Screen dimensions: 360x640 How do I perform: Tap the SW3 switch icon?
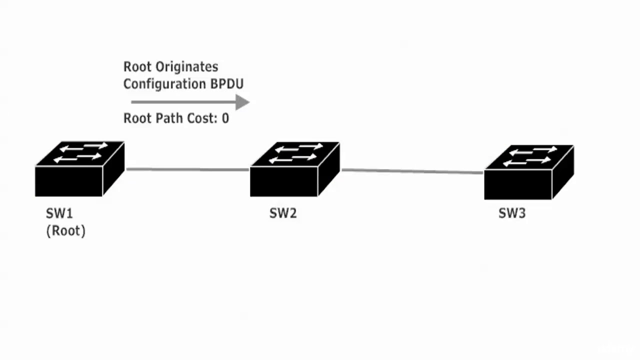pos(528,172)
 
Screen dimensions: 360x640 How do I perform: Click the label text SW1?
pos(59,213)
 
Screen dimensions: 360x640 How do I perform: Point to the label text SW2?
pos(283,213)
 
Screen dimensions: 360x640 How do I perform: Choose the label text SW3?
pos(512,213)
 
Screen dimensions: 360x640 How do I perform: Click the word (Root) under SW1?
pos(66,231)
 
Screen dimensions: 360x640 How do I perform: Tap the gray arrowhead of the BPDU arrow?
pos(242,102)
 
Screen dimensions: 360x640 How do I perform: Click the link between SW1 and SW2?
pos(187,169)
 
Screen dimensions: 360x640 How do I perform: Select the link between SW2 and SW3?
pos(412,171)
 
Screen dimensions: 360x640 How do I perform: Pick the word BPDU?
pos(227,83)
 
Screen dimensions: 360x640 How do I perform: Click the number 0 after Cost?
pos(225,118)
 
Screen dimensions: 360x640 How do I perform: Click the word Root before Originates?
pos(136,67)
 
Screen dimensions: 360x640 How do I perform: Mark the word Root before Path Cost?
pos(136,118)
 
